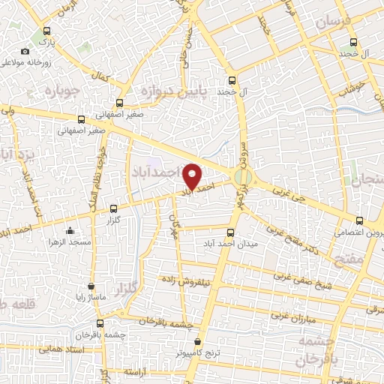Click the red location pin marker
tap(193, 177)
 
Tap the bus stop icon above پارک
tap(48, 32)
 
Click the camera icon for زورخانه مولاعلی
tap(25, 51)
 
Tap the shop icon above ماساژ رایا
tap(91, 286)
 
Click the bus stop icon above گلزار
tap(113, 209)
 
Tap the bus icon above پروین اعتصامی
tap(359, 220)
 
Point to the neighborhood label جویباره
tap(62, 92)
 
